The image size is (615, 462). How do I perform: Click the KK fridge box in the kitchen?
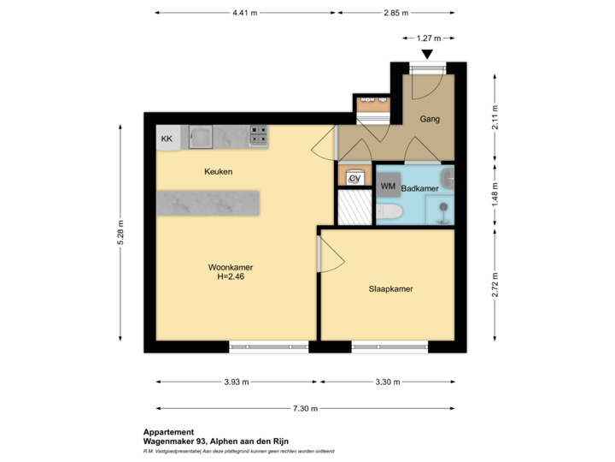click(167, 137)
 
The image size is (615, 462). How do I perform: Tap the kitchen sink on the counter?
click(202, 136)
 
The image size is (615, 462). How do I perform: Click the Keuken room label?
click(218, 172)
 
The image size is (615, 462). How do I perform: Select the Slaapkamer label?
click(390, 289)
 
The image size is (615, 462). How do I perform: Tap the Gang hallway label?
click(429, 119)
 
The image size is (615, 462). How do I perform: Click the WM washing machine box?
click(388, 186)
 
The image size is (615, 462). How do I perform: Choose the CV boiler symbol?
click(354, 178)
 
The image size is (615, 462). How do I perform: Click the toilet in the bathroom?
click(389, 212)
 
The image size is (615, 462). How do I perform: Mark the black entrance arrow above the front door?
click(426, 54)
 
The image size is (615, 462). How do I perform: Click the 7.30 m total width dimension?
click(303, 409)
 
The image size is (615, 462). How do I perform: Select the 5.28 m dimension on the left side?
click(120, 231)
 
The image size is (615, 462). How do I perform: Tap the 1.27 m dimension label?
click(427, 38)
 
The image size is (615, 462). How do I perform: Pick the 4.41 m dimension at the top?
click(246, 13)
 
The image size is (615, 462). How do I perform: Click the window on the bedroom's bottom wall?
click(389, 346)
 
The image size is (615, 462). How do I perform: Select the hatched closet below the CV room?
click(354, 208)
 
